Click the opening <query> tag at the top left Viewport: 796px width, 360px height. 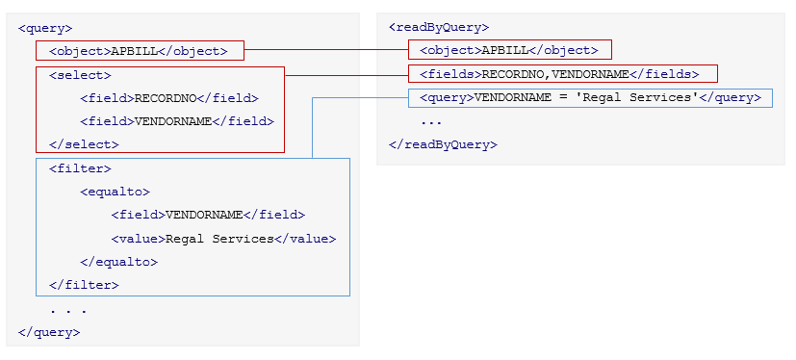click(45, 29)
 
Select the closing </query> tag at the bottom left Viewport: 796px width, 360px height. click(49, 332)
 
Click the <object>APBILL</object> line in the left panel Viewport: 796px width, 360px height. click(139, 51)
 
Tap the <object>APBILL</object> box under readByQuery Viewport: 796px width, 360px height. click(509, 50)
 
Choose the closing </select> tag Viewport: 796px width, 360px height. click(84, 144)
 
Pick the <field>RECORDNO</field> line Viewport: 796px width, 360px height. click(169, 98)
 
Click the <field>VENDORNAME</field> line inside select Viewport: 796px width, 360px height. click(177, 121)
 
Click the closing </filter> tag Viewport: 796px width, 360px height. click(84, 285)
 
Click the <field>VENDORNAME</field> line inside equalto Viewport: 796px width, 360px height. click(208, 215)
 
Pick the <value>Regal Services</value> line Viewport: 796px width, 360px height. click(223, 239)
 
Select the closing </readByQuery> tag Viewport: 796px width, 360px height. click(443, 144)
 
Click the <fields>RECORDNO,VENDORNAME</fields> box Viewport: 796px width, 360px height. click(559, 74)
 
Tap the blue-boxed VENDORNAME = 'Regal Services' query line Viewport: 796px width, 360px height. click(590, 97)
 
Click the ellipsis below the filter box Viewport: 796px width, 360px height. click(68, 310)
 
